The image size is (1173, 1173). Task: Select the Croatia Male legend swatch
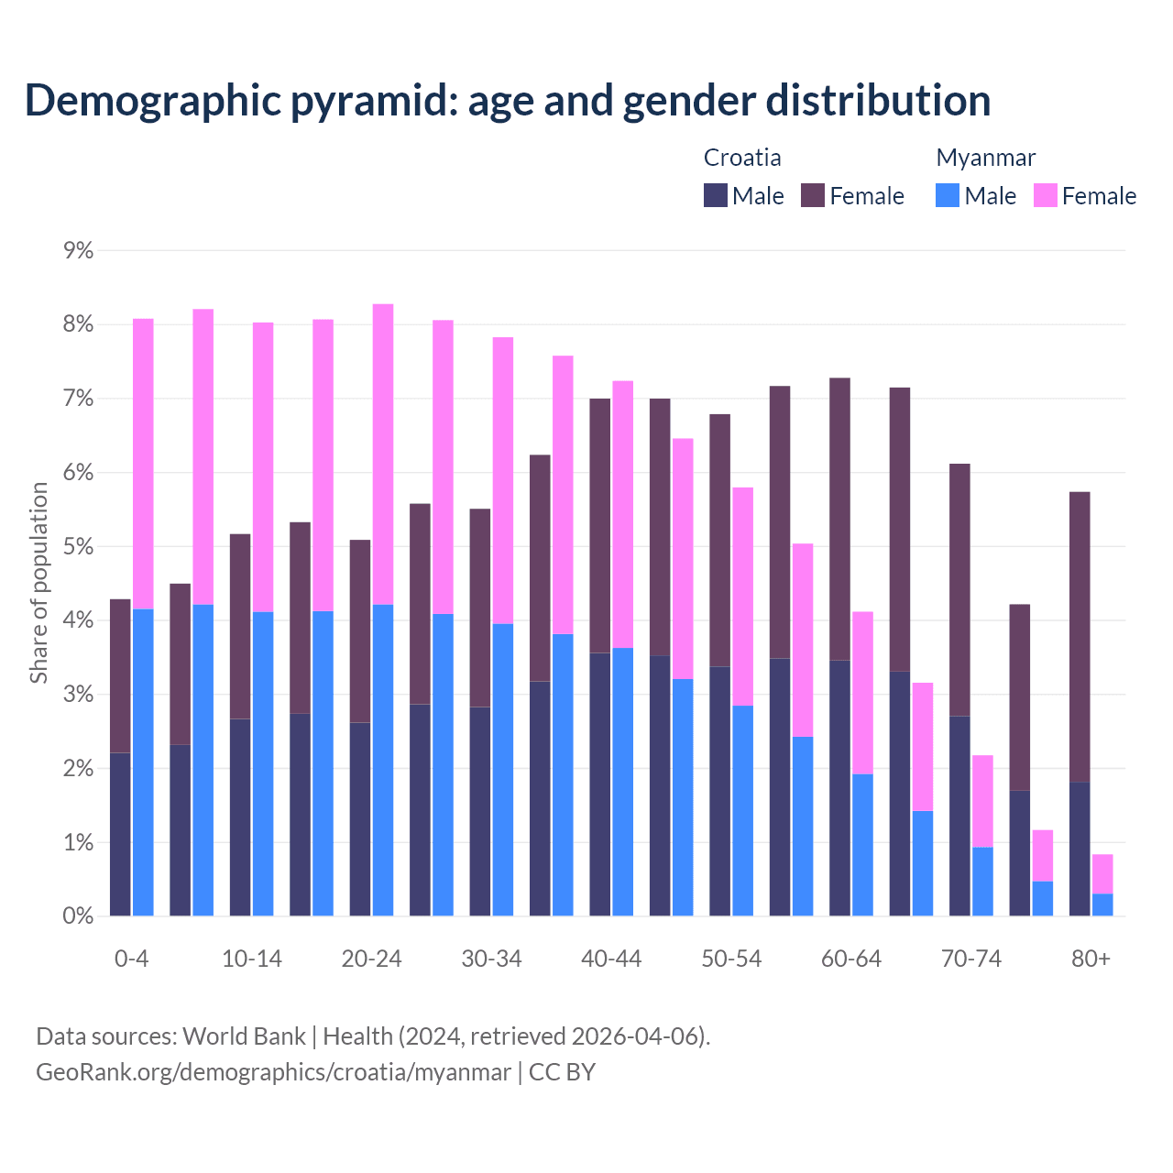pyautogui.click(x=716, y=195)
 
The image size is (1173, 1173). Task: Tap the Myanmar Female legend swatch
pyautogui.click(x=1045, y=195)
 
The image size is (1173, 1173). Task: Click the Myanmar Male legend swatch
pyautogui.click(x=948, y=195)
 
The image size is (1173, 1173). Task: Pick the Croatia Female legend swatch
pyautogui.click(x=813, y=195)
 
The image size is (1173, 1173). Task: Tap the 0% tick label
pyautogui.click(x=79, y=916)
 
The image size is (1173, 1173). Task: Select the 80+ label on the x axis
pyautogui.click(x=1091, y=959)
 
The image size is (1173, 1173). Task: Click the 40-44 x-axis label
pyautogui.click(x=611, y=959)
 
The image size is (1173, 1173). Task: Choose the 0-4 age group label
pyautogui.click(x=131, y=959)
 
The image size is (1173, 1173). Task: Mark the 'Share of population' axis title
pyautogui.click(x=38, y=583)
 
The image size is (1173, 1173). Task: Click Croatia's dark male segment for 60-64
pyautogui.click(x=839, y=788)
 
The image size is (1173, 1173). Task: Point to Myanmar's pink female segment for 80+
pyautogui.click(x=1102, y=873)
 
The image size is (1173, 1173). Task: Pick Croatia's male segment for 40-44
pyautogui.click(x=599, y=784)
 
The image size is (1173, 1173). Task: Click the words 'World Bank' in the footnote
pyautogui.click(x=244, y=1036)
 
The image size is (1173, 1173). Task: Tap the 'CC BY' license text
pyautogui.click(x=562, y=1072)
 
